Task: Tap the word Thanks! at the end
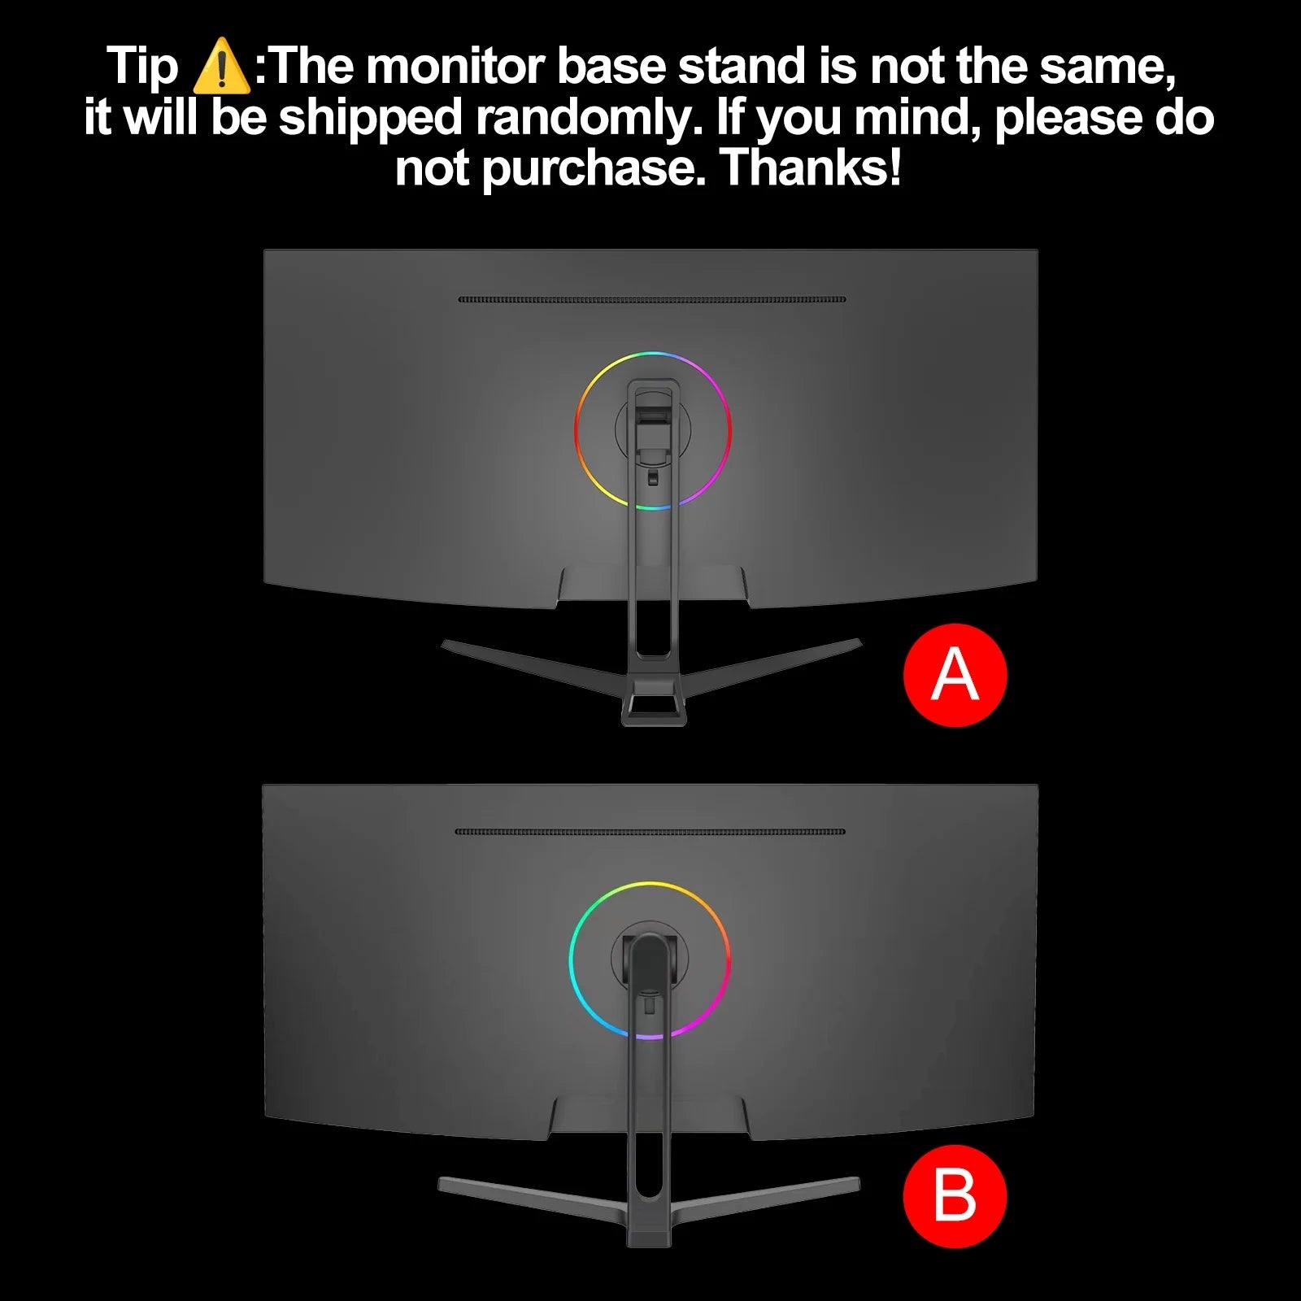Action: click(811, 168)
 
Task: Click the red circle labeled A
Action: click(955, 675)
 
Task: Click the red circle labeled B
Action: click(955, 1196)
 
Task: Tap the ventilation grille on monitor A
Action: click(652, 299)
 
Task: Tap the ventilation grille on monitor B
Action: click(650, 832)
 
